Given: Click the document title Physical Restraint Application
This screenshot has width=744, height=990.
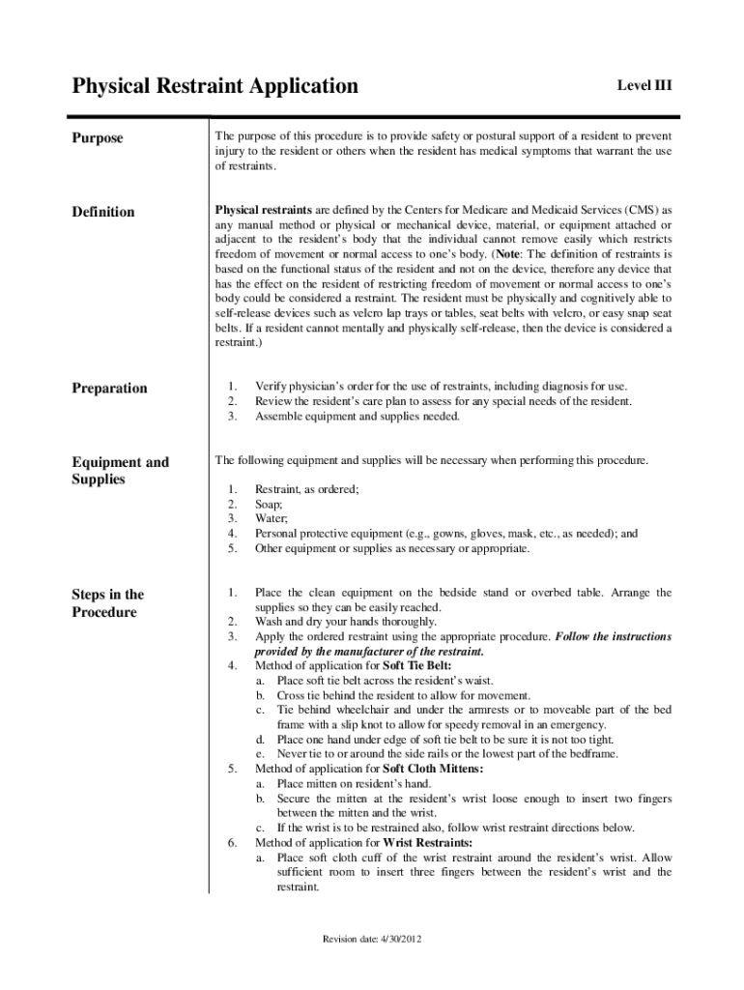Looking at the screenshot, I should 215,86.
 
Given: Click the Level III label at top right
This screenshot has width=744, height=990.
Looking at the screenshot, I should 644,86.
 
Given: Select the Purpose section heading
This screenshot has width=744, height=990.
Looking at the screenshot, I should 98,138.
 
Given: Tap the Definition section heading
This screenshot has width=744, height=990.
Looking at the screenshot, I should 103,212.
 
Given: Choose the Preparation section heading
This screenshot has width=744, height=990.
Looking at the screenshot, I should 110,388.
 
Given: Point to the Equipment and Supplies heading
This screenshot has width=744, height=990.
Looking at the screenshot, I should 120,470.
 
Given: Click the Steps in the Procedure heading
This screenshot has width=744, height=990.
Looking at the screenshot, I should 107,603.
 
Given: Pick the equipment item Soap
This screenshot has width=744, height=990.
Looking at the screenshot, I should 269,504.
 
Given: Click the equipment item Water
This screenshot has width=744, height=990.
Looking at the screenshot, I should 272,518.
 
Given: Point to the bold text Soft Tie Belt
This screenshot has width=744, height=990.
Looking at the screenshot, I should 416,665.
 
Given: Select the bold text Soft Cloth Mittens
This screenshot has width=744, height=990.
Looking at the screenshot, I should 433,769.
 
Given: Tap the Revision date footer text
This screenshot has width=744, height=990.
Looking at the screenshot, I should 372,939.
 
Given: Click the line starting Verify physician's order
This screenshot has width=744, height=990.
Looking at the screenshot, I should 440,386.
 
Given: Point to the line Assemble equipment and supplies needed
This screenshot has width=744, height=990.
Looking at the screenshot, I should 358,416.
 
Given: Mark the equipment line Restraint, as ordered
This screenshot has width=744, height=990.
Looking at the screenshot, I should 306,489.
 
